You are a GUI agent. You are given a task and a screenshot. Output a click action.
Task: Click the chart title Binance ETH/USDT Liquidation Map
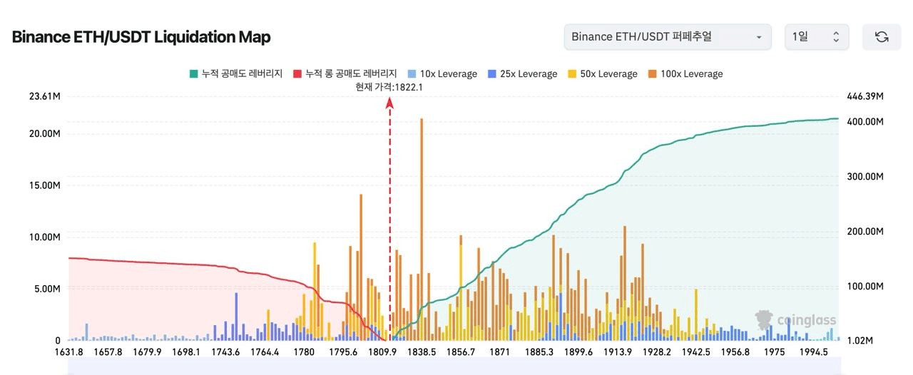[x=141, y=37]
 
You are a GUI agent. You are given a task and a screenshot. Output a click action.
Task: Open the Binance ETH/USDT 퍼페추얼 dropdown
[x=667, y=37]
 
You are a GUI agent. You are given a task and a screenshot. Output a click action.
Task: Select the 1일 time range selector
[x=817, y=37]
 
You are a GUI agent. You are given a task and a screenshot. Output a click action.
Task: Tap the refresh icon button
[x=882, y=37]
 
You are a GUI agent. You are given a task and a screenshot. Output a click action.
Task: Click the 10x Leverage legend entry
[x=442, y=73]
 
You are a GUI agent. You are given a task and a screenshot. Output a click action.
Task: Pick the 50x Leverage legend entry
[x=602, y=73]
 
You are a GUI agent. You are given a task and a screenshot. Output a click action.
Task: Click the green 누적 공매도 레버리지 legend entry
[x=236, y=73]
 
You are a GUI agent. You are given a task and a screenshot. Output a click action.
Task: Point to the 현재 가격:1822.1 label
[x=389, y=87]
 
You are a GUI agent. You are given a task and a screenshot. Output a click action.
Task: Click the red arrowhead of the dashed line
[x=390, y=103]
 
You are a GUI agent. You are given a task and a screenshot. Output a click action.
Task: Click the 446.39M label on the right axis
[x=865, y=96]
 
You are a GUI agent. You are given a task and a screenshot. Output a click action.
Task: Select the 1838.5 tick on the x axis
[x=422, y=351]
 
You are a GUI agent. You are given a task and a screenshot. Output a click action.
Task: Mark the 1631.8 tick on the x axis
[x=69, y=351]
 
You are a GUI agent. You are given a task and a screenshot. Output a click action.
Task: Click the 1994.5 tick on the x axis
[x=813, y=351]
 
